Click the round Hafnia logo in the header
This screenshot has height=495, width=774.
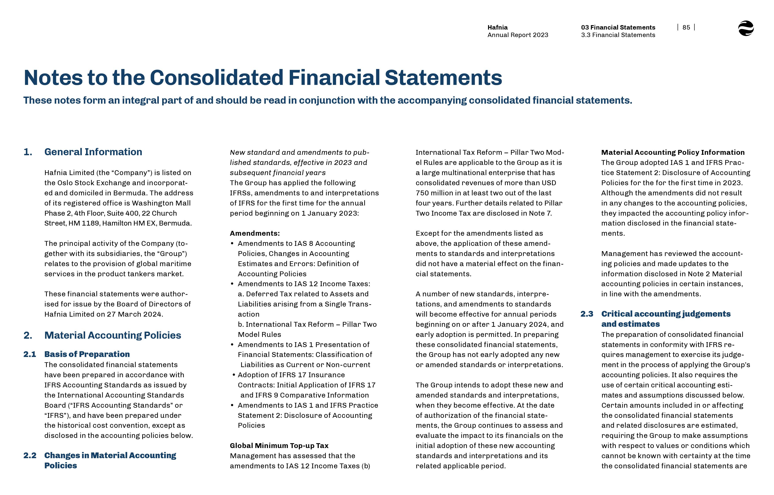click(746, 28)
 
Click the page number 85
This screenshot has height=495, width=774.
click(686, 27)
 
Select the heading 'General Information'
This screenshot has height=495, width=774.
click(93, 152)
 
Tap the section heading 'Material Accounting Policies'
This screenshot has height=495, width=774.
click(113, 335)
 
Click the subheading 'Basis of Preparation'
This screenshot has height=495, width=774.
click(87, 354)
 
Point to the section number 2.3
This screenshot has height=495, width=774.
click(586, 314)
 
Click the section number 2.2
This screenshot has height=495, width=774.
click(30, 456)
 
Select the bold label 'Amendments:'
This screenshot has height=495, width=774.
click(255, 233)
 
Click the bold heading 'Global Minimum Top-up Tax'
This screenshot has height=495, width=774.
click(279, 445)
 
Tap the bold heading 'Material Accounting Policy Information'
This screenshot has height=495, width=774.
click(673, 152)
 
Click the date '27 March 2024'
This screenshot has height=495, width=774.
click(135, 314)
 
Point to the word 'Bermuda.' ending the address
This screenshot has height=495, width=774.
click(175, 223)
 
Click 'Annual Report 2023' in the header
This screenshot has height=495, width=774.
click(517, 35)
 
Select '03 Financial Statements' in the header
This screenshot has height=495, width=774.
click(618, 27)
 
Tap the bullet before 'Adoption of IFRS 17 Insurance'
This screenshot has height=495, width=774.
click(234, 375)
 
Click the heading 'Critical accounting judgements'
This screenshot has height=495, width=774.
click(666, 314)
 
